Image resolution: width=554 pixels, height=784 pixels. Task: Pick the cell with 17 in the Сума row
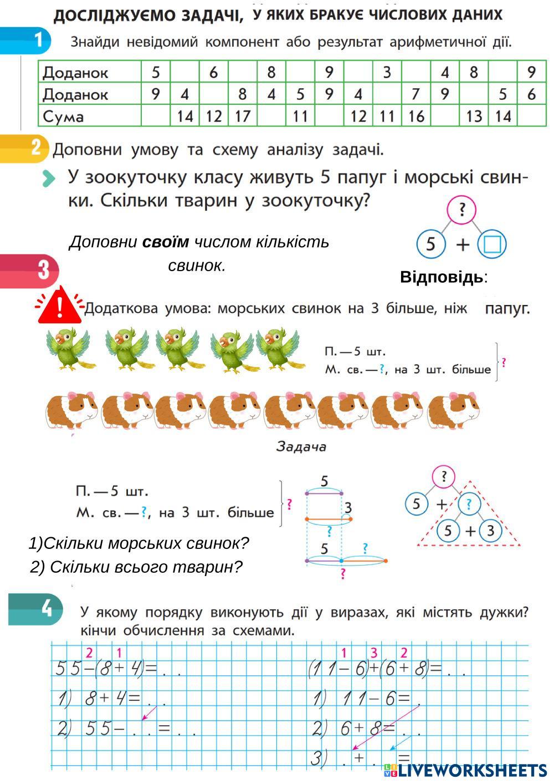tap(243, 116)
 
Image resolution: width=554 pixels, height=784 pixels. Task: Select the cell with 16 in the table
tap(416, 116)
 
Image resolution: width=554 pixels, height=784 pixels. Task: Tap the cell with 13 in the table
tap(474, 116)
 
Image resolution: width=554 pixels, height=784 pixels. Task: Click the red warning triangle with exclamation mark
tap(59, 306)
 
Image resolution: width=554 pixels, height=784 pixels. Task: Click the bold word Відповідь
tap(442, 277)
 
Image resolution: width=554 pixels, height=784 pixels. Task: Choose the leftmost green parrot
tap(70, 349)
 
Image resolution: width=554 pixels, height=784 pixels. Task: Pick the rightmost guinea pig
tap(453, 411)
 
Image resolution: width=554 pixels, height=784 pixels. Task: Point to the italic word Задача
tap(301, 446)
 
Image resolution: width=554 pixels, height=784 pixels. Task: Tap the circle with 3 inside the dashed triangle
tap(490, 531)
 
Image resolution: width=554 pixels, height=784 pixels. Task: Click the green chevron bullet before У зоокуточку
tap(49, 179)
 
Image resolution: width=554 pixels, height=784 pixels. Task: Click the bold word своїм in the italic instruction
tap(166, 242)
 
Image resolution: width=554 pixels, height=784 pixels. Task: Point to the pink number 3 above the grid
tap(374, 653)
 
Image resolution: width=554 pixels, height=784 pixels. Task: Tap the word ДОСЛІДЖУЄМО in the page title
tap(148, 16)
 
